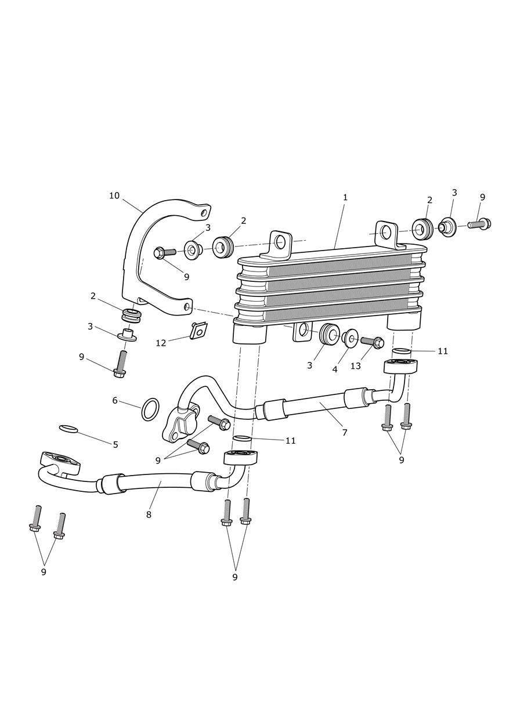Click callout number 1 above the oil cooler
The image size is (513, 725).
point(345,197)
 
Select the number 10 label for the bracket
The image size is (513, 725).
point(114,195)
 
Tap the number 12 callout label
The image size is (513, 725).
point(161,343)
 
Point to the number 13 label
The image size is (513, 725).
point(356,366)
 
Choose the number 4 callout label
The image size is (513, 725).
point(335,369)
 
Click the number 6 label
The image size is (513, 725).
point(115,400)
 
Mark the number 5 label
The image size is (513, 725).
point(115,445)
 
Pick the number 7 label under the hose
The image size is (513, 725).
point(345,432)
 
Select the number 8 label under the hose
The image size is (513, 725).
point(149,514)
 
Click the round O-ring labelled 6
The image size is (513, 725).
point(151,409)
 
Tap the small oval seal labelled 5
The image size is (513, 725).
point(68,429)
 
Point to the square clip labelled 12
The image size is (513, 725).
point(198,331)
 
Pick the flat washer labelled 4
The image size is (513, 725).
point(350,338)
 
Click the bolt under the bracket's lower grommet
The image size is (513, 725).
point(121,364)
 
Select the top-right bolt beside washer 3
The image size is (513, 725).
point(479,223)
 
